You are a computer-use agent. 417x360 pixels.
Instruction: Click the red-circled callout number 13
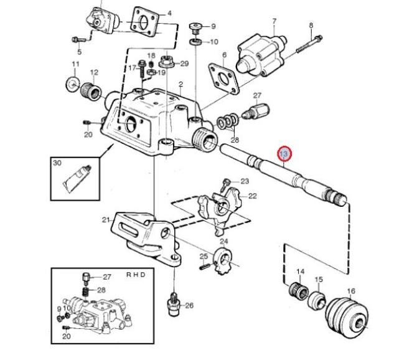click(x=284, y=154)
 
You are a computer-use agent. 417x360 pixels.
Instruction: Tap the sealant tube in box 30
click(x=77, y=179)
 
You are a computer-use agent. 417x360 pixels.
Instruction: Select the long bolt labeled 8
click(x=309, y=44)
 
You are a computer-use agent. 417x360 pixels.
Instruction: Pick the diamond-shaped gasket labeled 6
click(x=223, y=78)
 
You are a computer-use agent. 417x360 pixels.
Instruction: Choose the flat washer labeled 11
click(x=73, y=85)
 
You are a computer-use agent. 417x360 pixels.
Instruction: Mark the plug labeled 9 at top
click(x=195, y=29)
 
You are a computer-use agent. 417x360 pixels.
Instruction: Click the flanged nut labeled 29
click(x=166, y=62)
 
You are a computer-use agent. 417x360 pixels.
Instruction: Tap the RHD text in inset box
click(x=136, y=275)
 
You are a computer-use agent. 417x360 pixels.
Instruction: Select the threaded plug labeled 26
click(x=174, y=304)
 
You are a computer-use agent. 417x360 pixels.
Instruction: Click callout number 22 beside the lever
click(x=253, y=196)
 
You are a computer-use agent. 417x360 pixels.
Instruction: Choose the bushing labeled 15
click(x=317, y=300)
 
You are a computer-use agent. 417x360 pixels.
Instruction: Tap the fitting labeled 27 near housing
click(x=256, y=111)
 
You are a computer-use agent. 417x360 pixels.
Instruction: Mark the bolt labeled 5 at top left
click(x=79, y=40)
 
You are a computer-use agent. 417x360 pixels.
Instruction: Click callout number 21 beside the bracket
click(x=106, y=220)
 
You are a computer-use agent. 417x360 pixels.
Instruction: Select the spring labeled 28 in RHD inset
click(x=85, y=291)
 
